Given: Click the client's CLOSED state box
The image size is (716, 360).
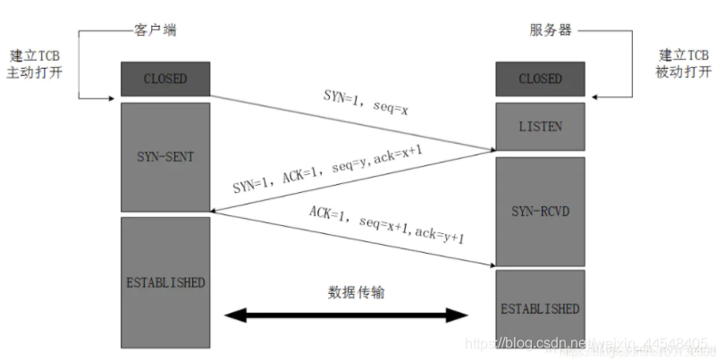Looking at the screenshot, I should pyautogui.click(x=165, y=80).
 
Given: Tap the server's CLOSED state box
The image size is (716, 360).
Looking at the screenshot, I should pyautogui.click(x=540, y=80).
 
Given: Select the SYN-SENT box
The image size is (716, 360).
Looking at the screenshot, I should pyautogui.click(x=165, y=156).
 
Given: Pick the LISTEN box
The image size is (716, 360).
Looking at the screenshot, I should pyautogui.click(x=540, y=127).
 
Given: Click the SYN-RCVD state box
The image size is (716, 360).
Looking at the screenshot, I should pyautogui.click(x=540, y=212).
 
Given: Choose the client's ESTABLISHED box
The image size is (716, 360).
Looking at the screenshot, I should pyautogui.click(x=165, y=282).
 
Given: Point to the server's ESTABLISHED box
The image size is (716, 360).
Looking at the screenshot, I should pyautogui.click(x=540, y=309).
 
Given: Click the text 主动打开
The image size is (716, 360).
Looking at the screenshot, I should pyautogui.click(x=36, y=71).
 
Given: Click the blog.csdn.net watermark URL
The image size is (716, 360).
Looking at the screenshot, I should pyautogui.click(x=590, y=344).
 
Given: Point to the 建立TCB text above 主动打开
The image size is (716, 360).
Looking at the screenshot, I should pyautogui.click(x=36, y=54).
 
